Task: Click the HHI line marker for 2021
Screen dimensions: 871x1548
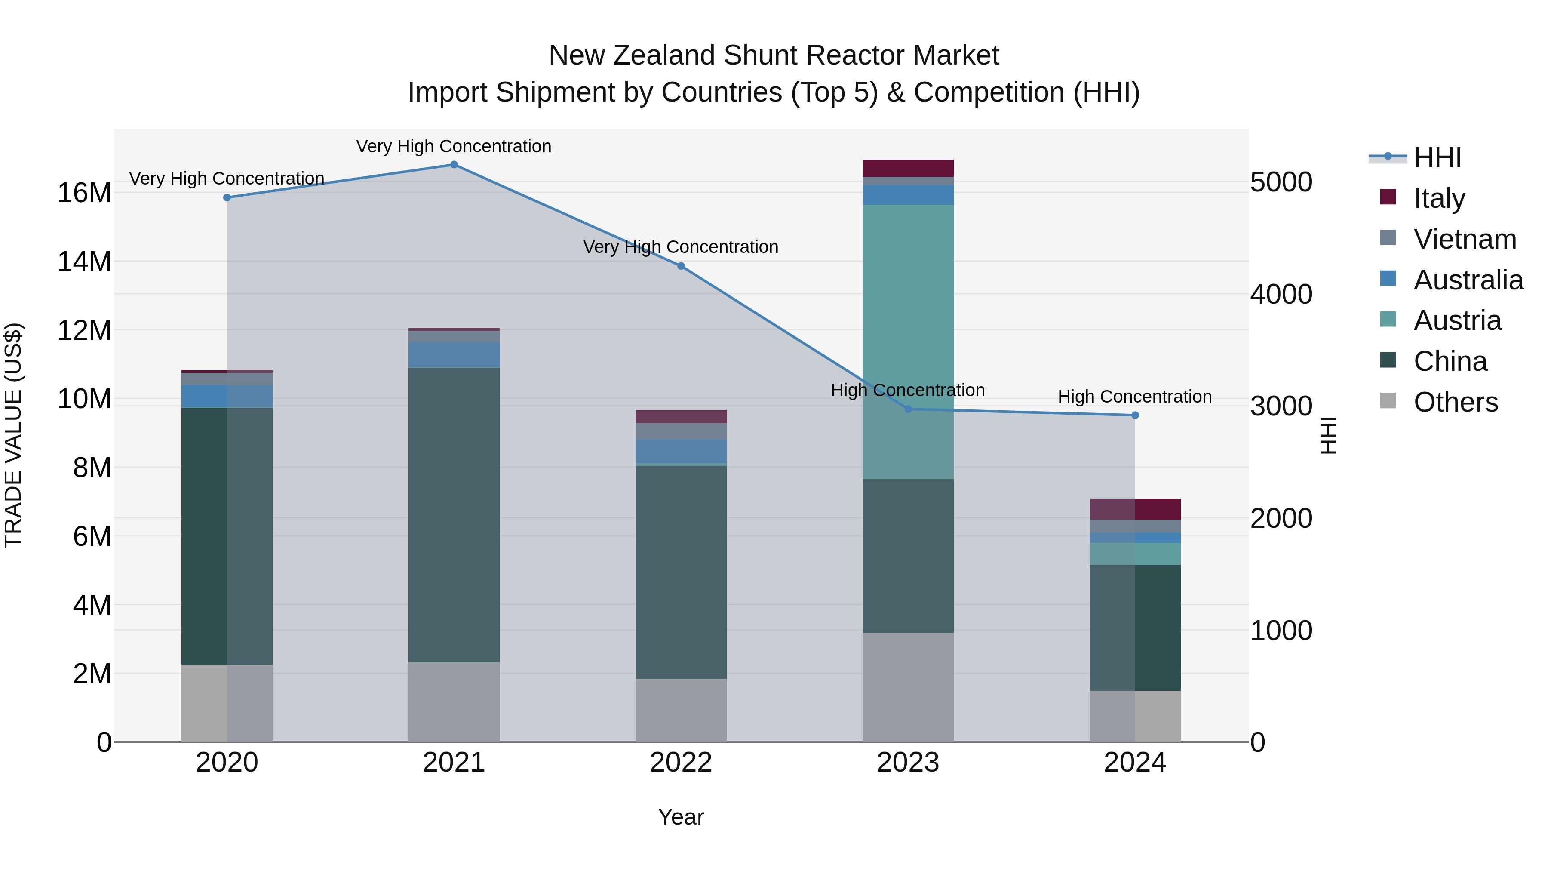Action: point(454,165)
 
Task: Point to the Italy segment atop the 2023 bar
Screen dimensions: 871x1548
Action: point(907,168)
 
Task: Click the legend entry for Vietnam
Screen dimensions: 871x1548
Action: point(1465,239)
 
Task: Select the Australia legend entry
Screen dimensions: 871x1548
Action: point(1468,280)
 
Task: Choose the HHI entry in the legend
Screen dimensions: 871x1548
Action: point(1437,157)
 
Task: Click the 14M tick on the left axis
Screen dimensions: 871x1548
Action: point(84,262)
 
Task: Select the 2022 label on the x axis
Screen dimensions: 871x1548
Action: point(681,763)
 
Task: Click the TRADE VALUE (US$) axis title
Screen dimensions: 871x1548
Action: point(14,435)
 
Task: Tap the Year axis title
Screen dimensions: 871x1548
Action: point(681,817)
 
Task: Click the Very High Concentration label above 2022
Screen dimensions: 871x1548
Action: point(681,247)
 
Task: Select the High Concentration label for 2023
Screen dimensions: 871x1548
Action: point(907,390)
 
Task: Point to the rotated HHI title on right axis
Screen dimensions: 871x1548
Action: point(1329,435)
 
